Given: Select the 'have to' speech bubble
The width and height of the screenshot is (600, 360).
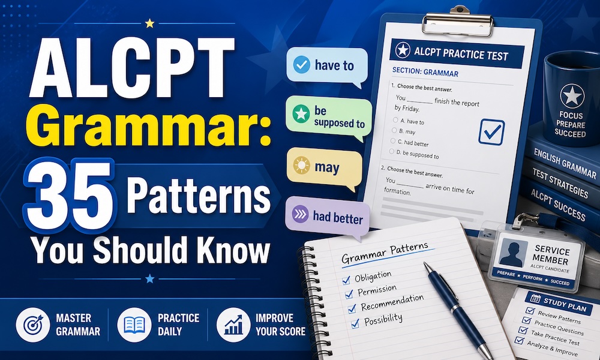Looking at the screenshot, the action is point(326,67).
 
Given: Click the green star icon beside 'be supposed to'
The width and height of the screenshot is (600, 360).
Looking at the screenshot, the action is point(301,114).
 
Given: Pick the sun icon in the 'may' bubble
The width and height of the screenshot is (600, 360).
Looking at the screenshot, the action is point(302,165).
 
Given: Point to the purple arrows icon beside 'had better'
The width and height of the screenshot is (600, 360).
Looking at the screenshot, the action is point(301,214).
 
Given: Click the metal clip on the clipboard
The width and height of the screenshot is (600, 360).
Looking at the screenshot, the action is point(457,22).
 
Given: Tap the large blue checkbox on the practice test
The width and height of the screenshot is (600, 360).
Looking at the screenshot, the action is point(491,132).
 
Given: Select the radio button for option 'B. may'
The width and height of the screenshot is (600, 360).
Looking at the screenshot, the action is point(394,130).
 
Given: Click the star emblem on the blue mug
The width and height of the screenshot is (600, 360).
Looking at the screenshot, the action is point(572,95).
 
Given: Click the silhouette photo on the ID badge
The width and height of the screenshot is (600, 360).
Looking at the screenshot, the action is point(513,253).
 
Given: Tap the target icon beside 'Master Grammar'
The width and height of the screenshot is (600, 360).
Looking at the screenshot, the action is point(33,325).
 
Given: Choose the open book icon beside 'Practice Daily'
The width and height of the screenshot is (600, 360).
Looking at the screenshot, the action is point(134,325).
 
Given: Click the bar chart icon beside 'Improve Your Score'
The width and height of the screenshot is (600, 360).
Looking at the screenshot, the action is point(233,325).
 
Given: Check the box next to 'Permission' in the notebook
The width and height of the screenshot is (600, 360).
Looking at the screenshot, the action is point(349,294).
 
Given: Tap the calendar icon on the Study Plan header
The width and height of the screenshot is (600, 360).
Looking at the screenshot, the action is point(535,298).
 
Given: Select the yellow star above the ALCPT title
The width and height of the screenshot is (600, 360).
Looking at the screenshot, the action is point(149,24).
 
